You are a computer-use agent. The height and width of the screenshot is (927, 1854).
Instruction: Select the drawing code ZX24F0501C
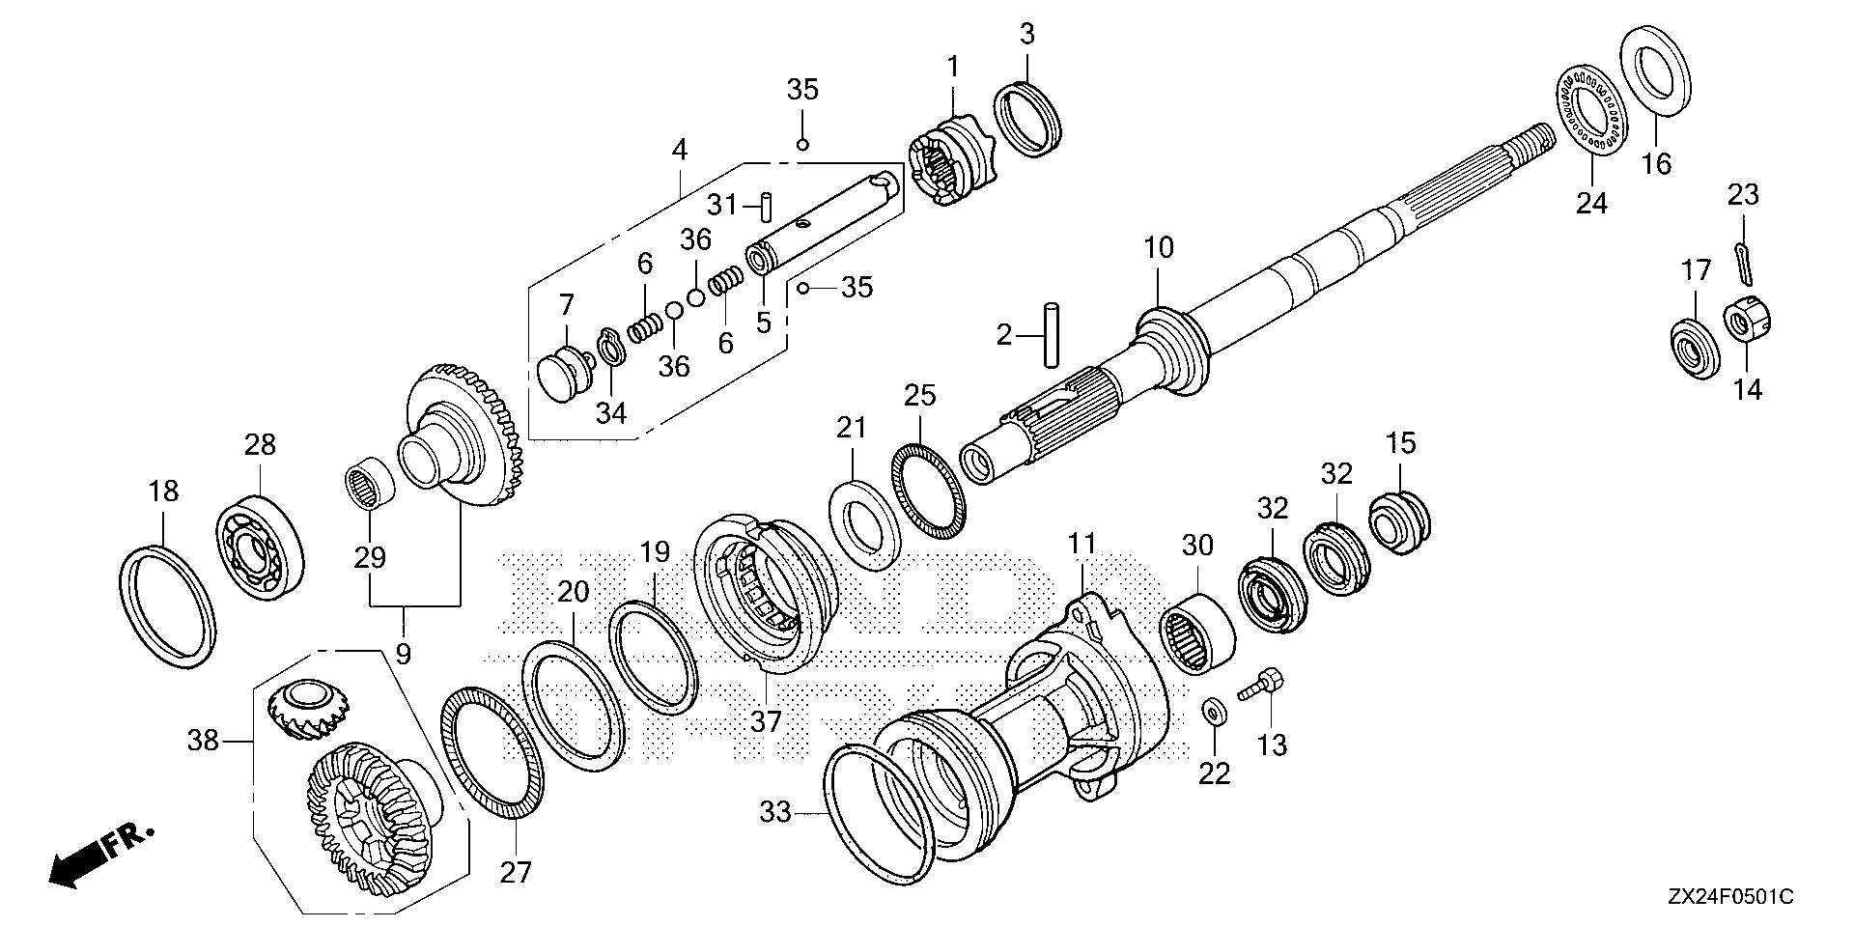pos(1728,898)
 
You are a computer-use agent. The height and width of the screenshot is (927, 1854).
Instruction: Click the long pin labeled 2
pos(1051,335)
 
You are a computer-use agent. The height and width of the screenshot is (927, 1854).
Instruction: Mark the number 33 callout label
pos(774,813)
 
